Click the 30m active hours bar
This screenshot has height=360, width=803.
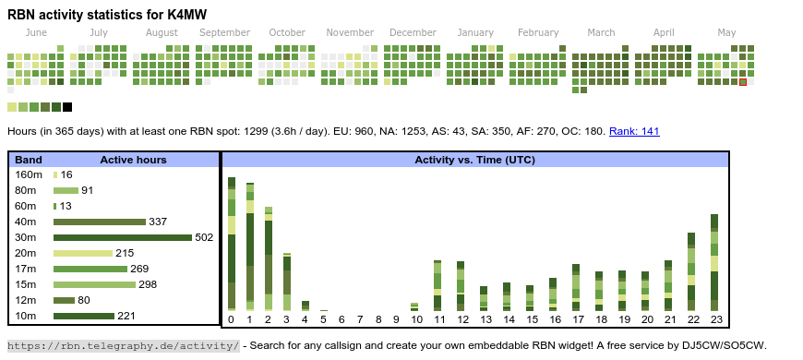click(123, 237)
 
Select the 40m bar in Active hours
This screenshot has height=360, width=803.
click(100, 222)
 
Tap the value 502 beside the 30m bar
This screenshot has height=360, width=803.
click(204, 237)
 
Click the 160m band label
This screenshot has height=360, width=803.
click(29, 174)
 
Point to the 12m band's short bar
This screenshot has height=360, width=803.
click(64, 300)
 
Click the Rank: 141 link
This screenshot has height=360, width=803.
click(634, 131)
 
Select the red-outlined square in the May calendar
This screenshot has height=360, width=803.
click(743, 82)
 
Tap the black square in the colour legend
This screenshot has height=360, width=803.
click(67, 107)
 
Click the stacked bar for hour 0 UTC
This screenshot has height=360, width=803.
click(232, 244)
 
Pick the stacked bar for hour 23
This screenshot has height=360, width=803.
click(714, 262)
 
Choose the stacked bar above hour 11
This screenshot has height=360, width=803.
click(437, 285)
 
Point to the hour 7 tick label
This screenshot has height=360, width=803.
click(360, 319)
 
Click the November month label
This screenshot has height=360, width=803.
click(350, 33)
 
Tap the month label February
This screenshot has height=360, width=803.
click(538, 33)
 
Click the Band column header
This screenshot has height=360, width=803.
click(29, 160)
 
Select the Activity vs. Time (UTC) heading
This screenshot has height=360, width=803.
click(474, 160)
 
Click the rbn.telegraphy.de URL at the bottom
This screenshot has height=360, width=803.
click(124, 345)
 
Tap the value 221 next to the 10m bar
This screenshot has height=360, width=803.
click(126, 316)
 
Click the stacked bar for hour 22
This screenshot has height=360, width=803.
click(691, 271)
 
